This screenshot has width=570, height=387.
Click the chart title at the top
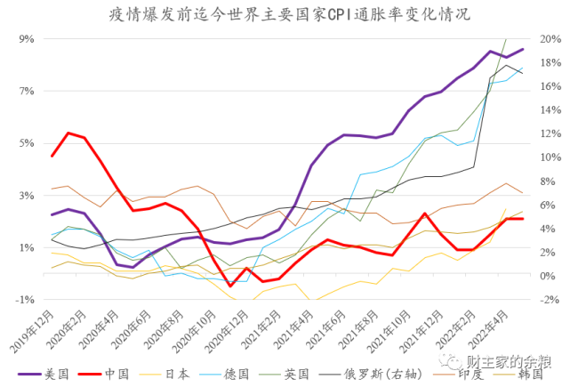click(x=285, y=14)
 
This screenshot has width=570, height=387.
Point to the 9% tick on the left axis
click(x=25, y=39)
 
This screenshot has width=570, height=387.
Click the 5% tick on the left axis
click(x=25, y=143)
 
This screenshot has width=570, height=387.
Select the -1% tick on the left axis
click(x=23, y=300)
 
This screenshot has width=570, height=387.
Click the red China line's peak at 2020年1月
click(x=68, y=133)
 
